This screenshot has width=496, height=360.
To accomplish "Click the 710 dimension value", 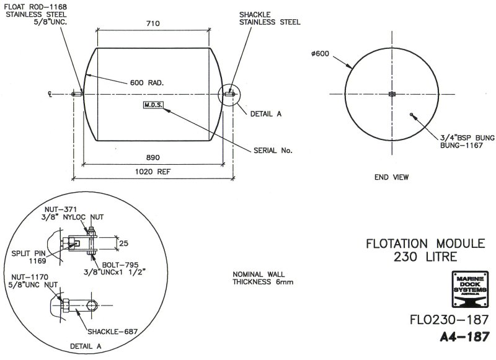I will [153, 24].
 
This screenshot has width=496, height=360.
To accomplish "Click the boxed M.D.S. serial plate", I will [153, 105].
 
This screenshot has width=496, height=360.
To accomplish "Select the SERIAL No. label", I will [272, 150].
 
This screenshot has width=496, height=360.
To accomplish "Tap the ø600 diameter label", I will [321, 54].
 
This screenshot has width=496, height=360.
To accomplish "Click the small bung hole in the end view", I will [412, 114].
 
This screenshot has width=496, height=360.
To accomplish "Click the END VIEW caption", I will [391, 177].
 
